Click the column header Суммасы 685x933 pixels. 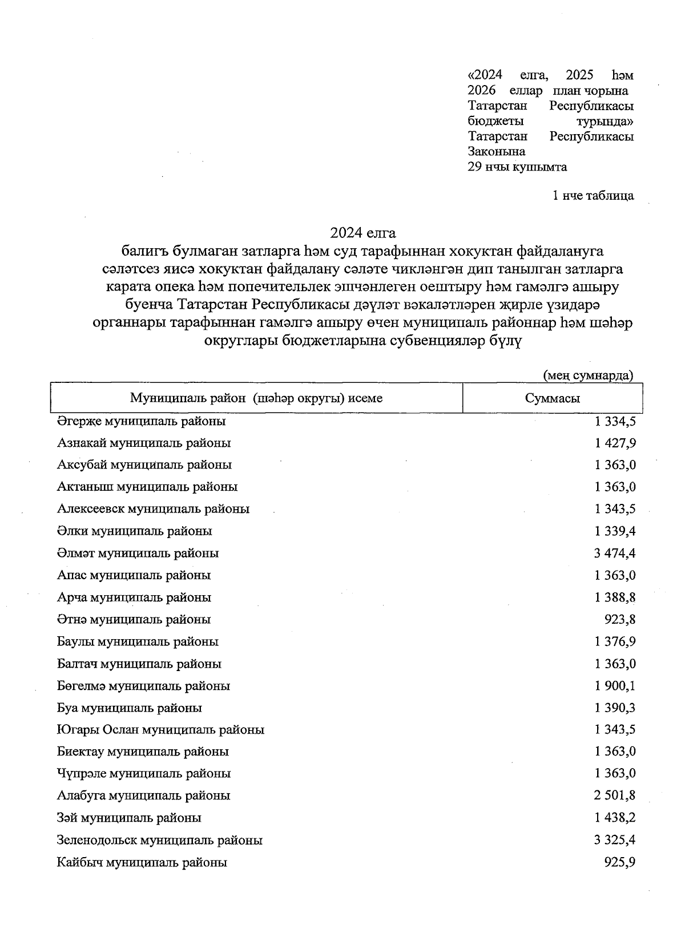coord(552,398)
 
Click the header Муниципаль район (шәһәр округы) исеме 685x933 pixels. coord(256,398)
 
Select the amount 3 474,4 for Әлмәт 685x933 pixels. coord(615,553)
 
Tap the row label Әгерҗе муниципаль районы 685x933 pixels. coord(141,421)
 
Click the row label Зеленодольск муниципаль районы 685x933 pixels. coord(160,840)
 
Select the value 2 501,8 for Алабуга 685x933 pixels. coord(615,795)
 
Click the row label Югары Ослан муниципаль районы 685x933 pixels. coord(160,730)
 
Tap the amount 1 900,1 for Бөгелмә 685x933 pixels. coord(615,685)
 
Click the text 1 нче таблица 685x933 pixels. coord(593,196)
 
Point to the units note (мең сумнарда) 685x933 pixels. coord(588,375)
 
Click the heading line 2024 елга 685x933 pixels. coord(362,233)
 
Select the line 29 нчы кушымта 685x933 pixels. coord(517,167)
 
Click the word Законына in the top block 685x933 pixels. coord(496,152)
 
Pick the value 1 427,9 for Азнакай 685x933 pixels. coord(615,443)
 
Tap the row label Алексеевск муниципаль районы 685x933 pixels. coord(153,509)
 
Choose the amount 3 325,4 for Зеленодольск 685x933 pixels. coord(615,840)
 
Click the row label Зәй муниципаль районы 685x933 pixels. coord(129,818)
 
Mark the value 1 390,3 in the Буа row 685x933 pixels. coord(615,708)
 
